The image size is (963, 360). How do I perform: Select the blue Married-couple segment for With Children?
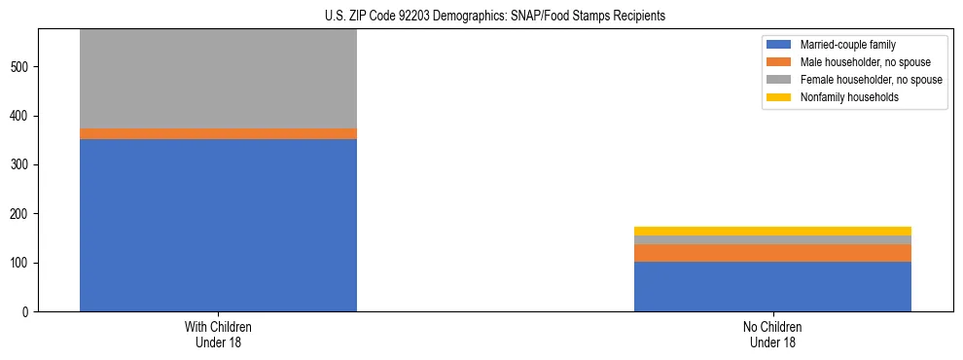click(218, 225)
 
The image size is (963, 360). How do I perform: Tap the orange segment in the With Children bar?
click(218, 133)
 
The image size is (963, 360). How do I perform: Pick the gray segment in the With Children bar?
click(218, 79)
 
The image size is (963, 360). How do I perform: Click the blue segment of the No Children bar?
click(772, 286)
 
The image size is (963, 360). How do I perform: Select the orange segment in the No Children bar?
click(772, 253)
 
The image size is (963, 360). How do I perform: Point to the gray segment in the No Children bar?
click(772, 239)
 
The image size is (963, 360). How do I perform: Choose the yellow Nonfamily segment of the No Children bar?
click(772, 231)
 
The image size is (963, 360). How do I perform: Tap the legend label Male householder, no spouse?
click(865, 62)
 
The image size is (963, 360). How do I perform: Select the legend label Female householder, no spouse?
click(871, 80)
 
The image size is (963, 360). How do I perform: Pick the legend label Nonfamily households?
click(849, 97)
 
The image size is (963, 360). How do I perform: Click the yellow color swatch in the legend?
click(779, 97)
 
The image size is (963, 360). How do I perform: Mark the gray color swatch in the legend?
click(779, 80)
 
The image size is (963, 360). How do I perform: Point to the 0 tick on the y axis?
click(26, 312)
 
